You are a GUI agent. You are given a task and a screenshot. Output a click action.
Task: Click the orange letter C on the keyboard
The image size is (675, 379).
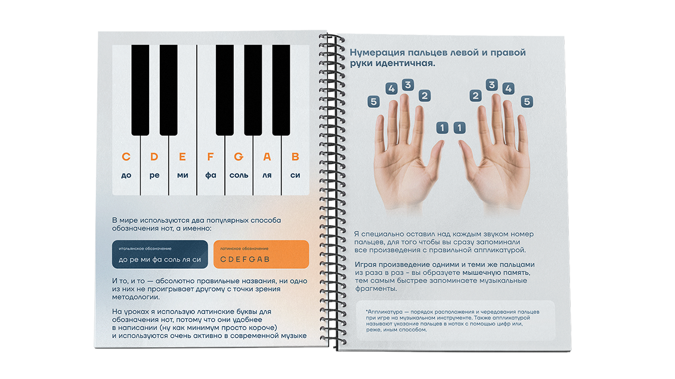tap(126, 157)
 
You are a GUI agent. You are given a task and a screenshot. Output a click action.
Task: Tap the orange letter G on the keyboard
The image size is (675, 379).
tap(239, 157)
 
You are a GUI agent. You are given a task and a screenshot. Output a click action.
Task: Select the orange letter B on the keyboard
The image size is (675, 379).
tap(295, 157)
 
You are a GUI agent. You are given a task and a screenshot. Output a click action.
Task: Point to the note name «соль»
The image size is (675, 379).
tap(239, 175)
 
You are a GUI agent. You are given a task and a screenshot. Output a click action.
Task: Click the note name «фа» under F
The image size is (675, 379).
tap(210, 175)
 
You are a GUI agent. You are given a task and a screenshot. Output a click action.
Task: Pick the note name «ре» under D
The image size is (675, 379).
tap(154, 176)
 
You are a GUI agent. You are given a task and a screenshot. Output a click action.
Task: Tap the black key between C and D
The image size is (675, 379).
tap(140, 90)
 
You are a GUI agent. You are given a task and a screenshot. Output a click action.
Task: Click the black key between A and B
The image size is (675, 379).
tap(281, 90)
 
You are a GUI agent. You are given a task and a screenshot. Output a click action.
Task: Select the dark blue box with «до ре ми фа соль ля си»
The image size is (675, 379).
tap(160, 254)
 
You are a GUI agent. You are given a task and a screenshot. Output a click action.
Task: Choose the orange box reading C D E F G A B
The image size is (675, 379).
tap(261, 254)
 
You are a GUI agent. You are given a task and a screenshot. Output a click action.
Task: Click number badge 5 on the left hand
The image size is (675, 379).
tap(374, 102)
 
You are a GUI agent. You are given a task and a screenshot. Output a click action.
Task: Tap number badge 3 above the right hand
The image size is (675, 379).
tap(491, 85)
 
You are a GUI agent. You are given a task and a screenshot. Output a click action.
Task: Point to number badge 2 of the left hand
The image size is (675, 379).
tap(425, 95)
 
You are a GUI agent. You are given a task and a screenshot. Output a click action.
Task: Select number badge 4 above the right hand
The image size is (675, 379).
tap(509, 89)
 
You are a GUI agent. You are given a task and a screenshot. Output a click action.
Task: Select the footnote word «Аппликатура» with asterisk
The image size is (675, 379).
tap(385, 312)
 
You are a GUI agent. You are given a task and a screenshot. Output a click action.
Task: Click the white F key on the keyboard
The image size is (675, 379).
tap(210, 163)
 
